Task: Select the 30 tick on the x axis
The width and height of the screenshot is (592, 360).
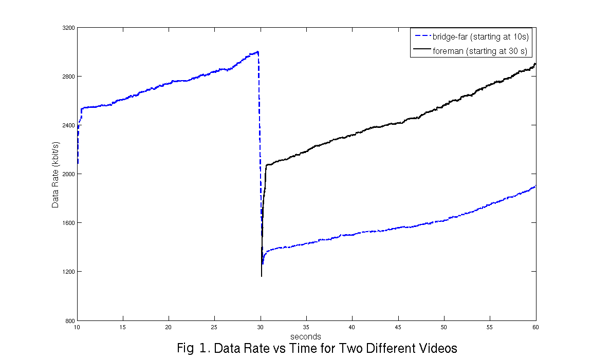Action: click(261, 327)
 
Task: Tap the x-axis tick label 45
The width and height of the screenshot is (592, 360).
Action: click(398, 327)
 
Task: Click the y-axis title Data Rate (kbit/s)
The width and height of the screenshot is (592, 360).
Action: click(55, 174)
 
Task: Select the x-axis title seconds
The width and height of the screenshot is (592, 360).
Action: click(306, 337)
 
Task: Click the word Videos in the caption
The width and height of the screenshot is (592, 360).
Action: click(436, 348)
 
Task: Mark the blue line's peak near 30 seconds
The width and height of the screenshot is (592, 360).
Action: click(257, 51)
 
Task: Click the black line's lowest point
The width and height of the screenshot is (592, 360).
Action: click(262, 276)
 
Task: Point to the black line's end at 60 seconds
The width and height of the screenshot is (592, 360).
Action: click(535, 64)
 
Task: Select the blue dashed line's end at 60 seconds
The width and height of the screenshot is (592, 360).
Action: click(535, 186)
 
